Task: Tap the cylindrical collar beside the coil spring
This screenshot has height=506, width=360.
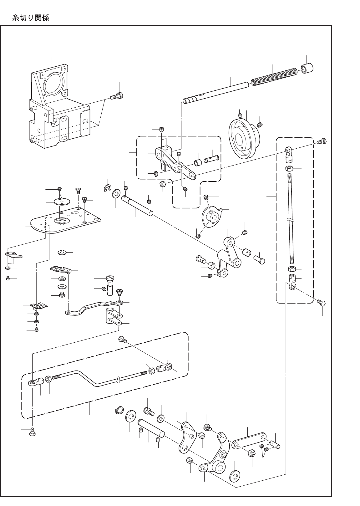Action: click(x=307, y=69)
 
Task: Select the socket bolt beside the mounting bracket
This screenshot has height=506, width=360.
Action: click(x=116, y=96)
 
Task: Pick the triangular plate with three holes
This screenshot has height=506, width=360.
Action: click(x=187, y=437)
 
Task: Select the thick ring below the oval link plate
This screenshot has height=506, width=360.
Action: click(x=235, y=476)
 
